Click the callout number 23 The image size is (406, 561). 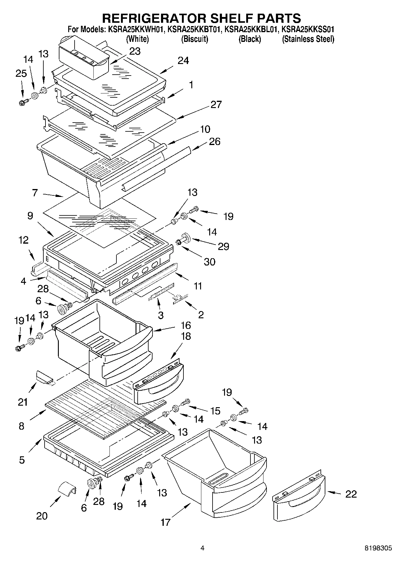pyautogui.click(x=135, y=51)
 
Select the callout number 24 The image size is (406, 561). pyautogui.click(x=183, y=61)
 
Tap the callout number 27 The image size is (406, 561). pyautogui.click(x=216, y=104)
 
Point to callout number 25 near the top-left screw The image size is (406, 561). pyautogui.click(x=21, y=73)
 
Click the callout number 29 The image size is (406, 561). pyautogui.click(x=223, y=246)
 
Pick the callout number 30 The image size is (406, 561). pyautogui.click(x=209, y=262)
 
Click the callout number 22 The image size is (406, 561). pyautogui.click(x=351, y=494)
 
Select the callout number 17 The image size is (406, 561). pyautogui.click(x=166, y=522)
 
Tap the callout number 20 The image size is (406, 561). pyautogui.click(x=42, y=515)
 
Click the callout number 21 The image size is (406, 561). pyautogui.click(x=23, y=402)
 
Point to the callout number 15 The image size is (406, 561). pyautogui.click(x=215, y=411)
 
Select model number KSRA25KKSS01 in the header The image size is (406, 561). pyautogui.click(x=308, y=29)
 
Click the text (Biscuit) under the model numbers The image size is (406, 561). pyautogui.click(x=194, y=39)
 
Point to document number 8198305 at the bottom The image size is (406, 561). pyautogui.click(x=378, y=548)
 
